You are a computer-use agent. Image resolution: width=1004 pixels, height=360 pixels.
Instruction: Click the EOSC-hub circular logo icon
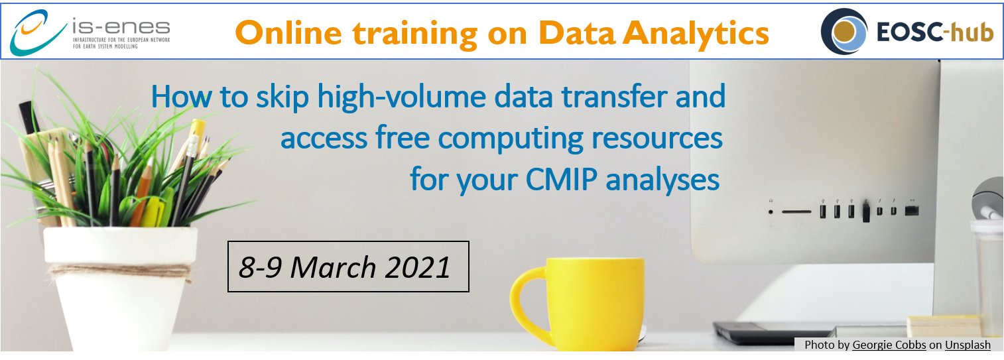coord(844,31)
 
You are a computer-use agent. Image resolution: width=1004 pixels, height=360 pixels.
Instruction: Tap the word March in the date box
coord(333,267)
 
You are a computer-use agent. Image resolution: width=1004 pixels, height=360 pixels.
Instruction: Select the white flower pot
coord(120,287)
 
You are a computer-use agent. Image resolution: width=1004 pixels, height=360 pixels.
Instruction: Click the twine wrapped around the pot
coord(120,270)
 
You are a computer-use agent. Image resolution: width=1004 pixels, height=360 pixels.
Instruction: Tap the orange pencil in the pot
coord(143,193)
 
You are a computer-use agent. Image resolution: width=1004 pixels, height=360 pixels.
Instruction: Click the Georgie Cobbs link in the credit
coord(889,345)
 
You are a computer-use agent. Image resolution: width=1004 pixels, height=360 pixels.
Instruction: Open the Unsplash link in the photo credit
coord(968,345)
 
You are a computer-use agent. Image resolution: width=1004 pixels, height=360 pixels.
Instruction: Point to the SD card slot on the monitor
coord(796,211)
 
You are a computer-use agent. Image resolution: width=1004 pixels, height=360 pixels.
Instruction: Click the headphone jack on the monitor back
coord(771,211)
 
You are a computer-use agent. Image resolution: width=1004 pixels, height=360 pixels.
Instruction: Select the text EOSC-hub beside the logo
coord(934,33)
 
